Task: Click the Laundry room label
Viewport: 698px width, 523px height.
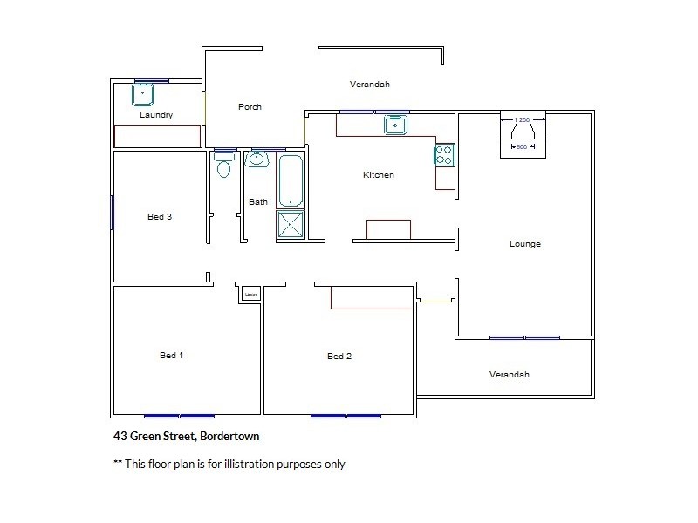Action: (156, 115)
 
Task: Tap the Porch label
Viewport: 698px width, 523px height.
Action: (250, 107)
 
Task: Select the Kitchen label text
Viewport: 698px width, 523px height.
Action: (379, 175)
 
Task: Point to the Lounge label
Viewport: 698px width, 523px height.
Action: (525, 244)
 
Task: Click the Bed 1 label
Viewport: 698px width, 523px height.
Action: (172, 356)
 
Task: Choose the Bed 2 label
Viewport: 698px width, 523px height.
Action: (339, 357)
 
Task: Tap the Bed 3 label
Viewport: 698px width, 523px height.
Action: (160, 217)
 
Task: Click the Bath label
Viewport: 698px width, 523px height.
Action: (258, 202)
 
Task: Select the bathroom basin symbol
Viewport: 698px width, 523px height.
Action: (257, 160)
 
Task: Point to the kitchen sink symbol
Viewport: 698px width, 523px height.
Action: (396, 126)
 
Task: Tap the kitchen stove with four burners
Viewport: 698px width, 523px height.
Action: (443, 155)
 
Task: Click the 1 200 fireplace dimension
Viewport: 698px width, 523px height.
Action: (523, 119)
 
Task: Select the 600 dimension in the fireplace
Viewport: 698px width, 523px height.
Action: (522, 147)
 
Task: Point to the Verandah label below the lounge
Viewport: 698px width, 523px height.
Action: (509, 375)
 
